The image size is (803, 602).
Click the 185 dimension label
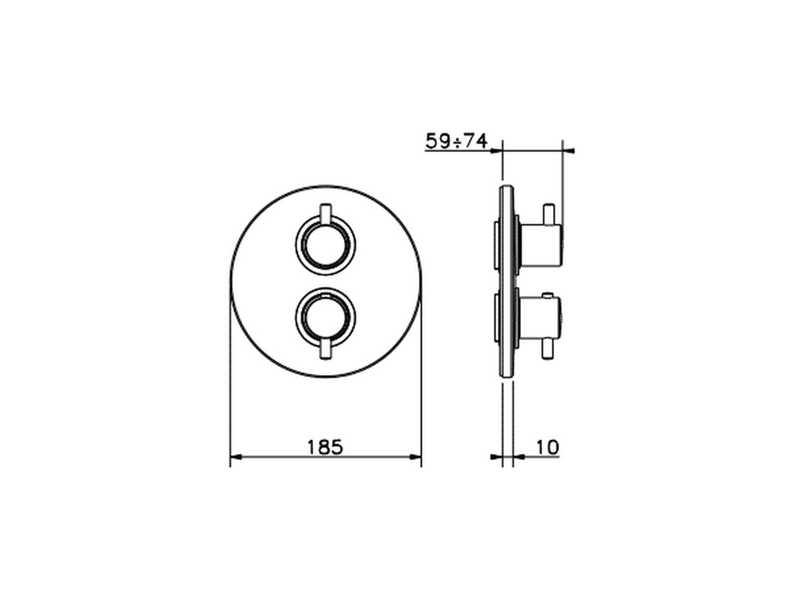(325, 447)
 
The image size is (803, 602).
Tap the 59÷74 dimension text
(457, 141)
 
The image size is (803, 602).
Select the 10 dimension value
(548, 447)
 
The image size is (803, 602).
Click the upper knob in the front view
(325, 245)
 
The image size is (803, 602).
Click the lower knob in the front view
(325, 318)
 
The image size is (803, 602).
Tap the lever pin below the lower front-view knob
(325, 350)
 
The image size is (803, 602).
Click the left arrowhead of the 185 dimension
(237, 457)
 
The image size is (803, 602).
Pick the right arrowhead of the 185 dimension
(415, 457)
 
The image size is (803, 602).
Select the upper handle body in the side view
(541, 245)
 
